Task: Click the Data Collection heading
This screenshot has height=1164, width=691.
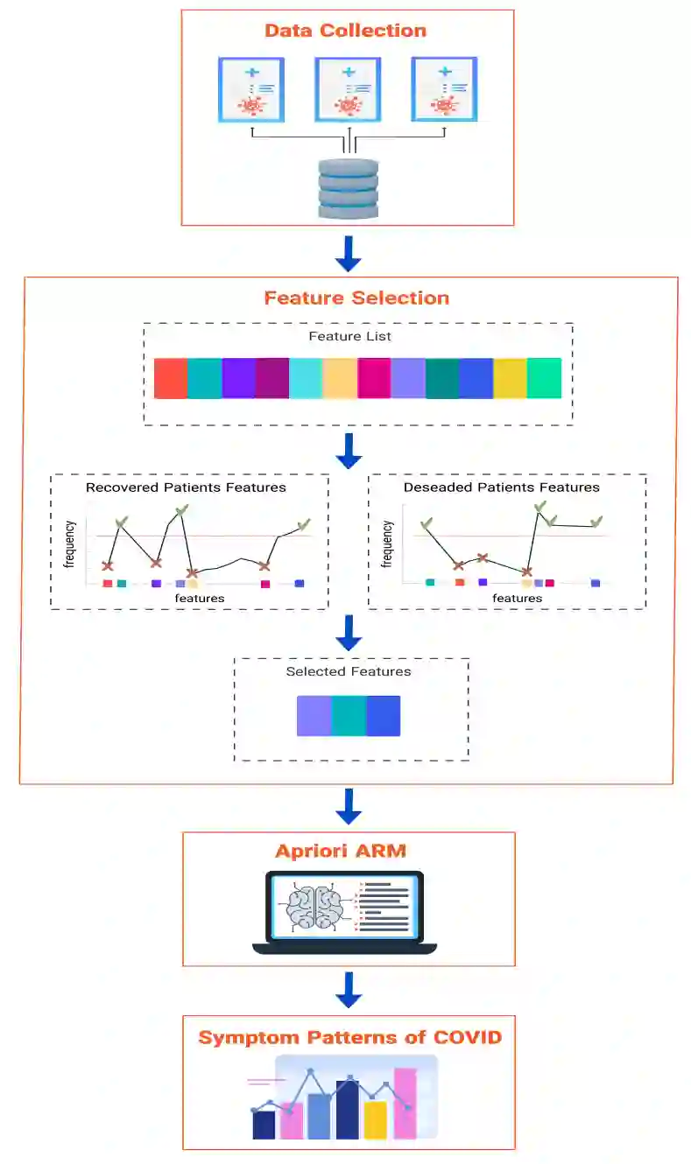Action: point(345,31)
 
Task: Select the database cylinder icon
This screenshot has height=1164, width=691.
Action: point(348,188)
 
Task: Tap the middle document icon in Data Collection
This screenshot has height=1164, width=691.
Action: point(348,89)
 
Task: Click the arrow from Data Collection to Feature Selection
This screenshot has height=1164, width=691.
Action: point(349,252)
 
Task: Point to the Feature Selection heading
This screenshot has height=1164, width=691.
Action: point(356,298)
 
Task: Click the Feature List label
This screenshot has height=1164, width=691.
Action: point(350,336)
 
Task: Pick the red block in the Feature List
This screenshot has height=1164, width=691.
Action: point(171,378)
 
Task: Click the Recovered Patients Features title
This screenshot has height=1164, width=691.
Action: point(186,487)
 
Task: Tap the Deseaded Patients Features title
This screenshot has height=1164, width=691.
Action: point(502,487)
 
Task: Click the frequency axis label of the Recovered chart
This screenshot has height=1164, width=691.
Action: point(71,544)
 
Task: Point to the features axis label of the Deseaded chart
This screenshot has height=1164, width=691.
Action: point(517,599)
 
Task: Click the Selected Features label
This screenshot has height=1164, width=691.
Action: point(349,672)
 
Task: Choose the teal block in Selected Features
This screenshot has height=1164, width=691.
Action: point(349,715)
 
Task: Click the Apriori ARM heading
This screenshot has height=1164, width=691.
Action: point(341,851)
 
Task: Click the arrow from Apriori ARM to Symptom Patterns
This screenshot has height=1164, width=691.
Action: point(349,990)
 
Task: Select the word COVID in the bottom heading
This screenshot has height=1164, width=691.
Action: point(468,1038)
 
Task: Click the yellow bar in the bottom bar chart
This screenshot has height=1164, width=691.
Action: point(375,1119)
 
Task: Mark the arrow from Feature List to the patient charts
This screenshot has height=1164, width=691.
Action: point(349,450)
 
